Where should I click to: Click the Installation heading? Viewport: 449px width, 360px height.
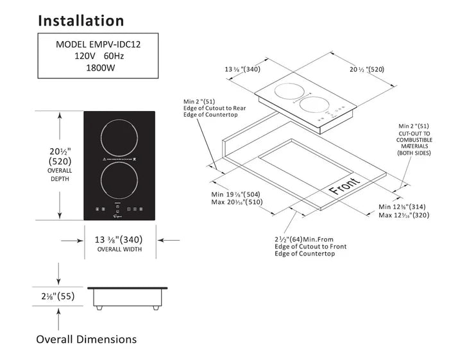coord(80,20)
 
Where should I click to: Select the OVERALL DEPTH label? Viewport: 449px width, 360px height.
coord(59,175)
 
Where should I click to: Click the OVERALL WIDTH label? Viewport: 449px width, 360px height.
coord(119,249)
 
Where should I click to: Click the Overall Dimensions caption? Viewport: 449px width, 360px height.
coord(86,339)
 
